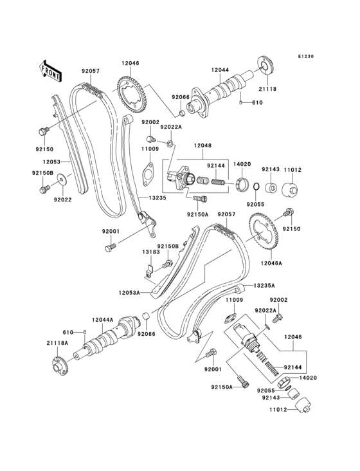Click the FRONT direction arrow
[51, 67]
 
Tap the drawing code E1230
[306, 57]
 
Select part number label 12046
[130, 63]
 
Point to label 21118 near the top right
[268, 89]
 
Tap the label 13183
[150, 253]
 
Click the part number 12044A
[102, 319]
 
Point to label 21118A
[57, 344]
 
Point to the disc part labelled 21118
[265, 65]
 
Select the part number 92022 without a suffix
[62, 200]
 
